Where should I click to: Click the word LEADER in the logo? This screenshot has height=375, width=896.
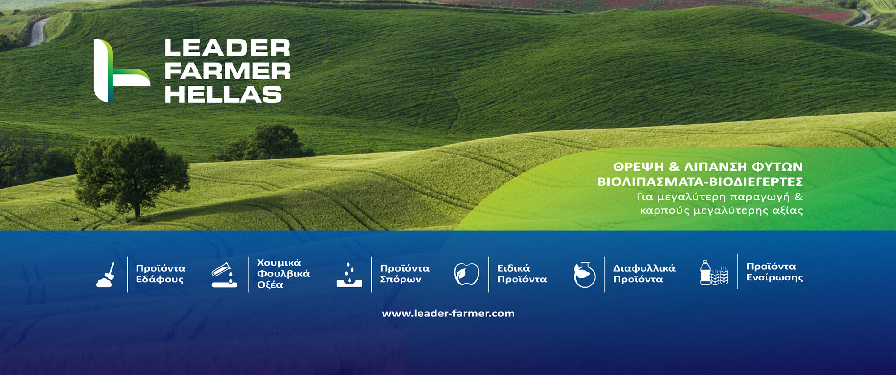click(x=227, y=48)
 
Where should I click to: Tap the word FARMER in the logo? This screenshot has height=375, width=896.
click(x=227, y=71)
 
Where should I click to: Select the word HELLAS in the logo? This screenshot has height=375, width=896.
click(x=223, y=95)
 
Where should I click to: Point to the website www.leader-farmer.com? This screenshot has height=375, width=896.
click(x=448, y=313)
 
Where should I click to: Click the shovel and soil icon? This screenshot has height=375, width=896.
click(x=106, y=275)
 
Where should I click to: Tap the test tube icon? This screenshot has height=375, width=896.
click(x=224, y=275)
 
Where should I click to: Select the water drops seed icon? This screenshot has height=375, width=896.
click(x=349, y=275)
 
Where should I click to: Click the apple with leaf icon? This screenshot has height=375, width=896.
click(x=466, y=274)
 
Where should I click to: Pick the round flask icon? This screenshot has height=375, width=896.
click(x=585, y=275)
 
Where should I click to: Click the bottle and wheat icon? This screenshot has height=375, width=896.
click(x=714, y=273)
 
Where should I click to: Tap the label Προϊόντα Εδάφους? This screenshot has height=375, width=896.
click(x=160, y=274)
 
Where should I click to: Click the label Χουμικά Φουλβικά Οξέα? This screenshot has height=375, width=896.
click(x=283, y=273)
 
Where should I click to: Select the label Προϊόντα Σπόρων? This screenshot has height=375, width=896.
click(x=405, y=274)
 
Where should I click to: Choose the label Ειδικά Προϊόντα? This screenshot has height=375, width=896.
click(x=522, y=274)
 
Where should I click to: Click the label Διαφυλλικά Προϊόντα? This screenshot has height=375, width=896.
click(x=644, y=274)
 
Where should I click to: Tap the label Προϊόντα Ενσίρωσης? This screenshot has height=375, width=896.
click(x=774, y=272)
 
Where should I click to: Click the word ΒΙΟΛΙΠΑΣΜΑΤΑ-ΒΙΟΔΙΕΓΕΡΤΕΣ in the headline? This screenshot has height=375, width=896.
click(x=700, y=182)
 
